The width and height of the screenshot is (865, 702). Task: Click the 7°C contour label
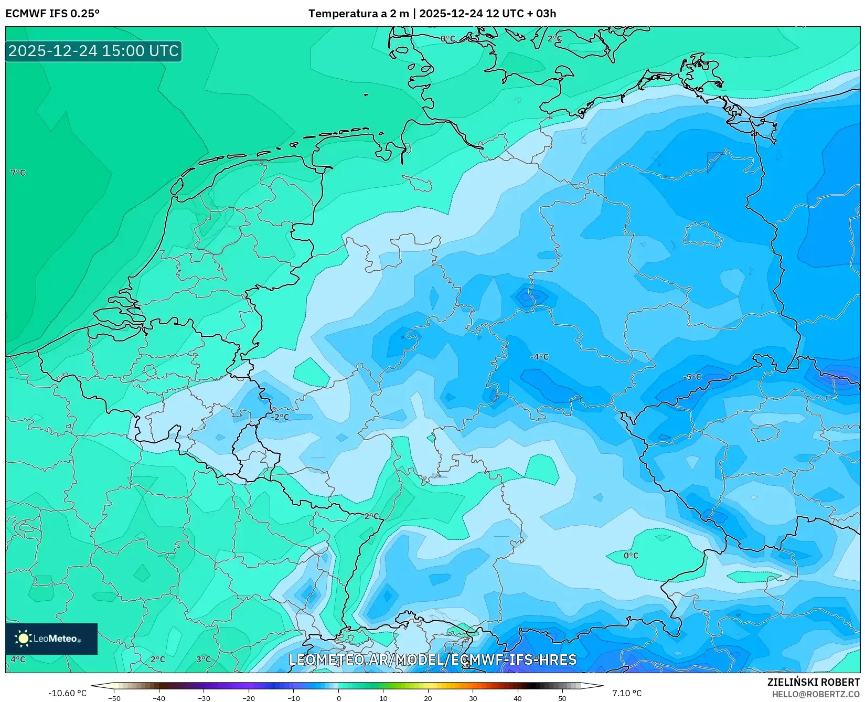click(18, 173)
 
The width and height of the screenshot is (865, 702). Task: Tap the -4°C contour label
click(539, 357)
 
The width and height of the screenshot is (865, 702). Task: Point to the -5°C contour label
click(692, 377)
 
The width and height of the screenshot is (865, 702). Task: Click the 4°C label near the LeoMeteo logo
click(18, 660)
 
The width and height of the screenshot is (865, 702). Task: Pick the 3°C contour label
click(204, 660)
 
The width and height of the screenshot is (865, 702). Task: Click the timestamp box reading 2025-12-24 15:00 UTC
click(93, 51)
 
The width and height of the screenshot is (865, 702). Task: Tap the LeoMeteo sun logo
click(23, 639)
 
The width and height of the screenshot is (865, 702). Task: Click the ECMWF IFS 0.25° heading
click(52, 14)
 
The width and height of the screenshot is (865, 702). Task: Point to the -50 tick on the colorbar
click(114, 698)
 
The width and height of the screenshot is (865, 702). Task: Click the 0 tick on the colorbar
click(338, 698)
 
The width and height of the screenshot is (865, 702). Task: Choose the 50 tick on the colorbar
click(562, 698)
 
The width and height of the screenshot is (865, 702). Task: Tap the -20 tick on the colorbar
click(249, 698)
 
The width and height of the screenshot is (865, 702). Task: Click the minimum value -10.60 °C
click(67, 693)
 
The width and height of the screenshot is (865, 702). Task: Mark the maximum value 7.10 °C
click(627, 693)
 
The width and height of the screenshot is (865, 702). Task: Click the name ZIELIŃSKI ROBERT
click(813, 683)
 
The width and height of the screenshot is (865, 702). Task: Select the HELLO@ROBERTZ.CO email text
click(816, 694)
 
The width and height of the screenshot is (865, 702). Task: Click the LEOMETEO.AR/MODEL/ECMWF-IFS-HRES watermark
click(433, 660)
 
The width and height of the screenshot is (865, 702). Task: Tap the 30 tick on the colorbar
click(473, 698)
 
